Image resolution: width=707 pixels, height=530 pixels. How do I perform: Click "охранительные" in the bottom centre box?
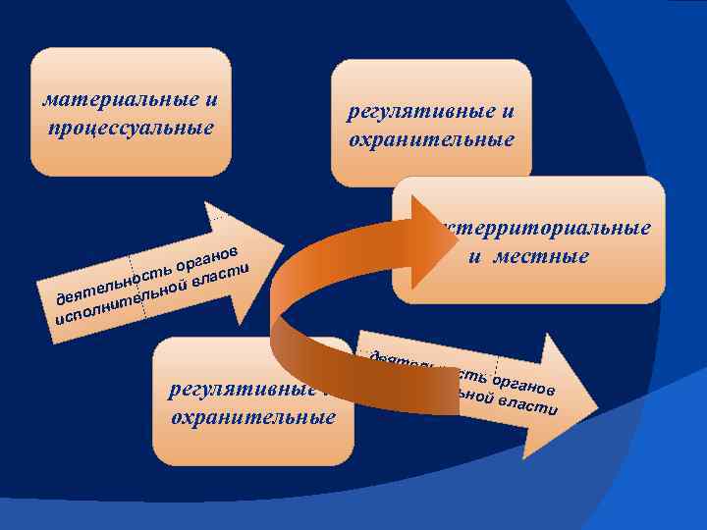point(253,416)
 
